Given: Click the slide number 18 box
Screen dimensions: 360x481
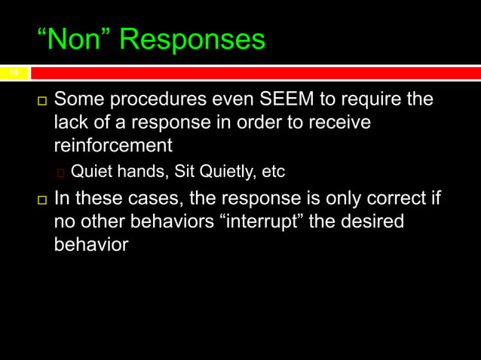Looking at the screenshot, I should tap(14, 73).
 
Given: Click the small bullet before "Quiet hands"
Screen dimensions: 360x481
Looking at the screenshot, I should tap(61, 173).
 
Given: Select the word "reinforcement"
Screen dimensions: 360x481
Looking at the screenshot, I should tap(113, 145).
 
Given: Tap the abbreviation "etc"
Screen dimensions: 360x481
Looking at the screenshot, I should tap(273, 172).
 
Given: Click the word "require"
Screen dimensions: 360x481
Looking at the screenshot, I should tap(365, 99).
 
